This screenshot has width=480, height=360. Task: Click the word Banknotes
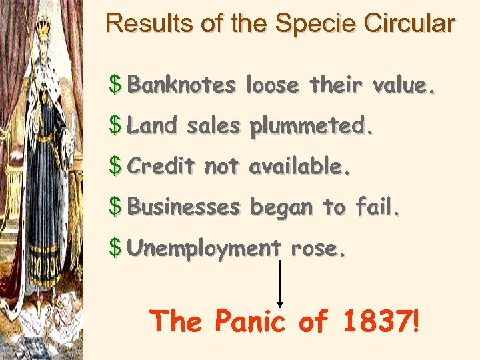point(181,85)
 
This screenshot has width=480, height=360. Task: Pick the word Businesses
point(183,207)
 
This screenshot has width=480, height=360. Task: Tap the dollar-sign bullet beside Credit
point(116,167)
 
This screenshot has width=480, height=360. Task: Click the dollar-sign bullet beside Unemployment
point(116,248)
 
